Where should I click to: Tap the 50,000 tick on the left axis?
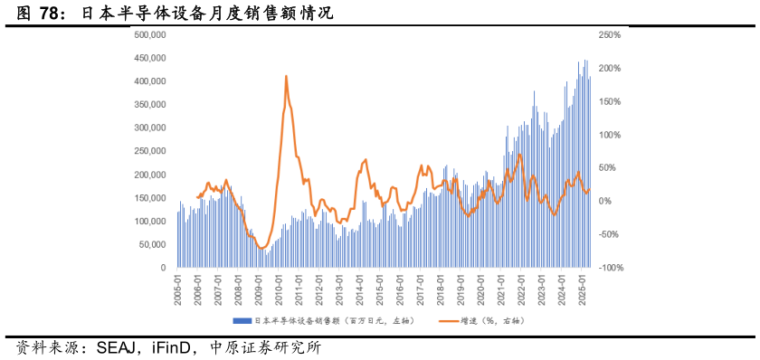(x=153, y=244)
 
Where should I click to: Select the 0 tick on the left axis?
(x=162, y=268)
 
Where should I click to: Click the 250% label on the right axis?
(x=609, y=34)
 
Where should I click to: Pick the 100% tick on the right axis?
(x=609, y=135)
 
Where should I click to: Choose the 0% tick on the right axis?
(x=604, y=201)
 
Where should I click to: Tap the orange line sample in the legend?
(x=449, y=321)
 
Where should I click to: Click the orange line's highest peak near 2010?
(x=286, y=76)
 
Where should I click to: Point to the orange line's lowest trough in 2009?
(x=261, y=248)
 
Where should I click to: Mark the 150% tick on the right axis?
(x=609, y=101)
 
